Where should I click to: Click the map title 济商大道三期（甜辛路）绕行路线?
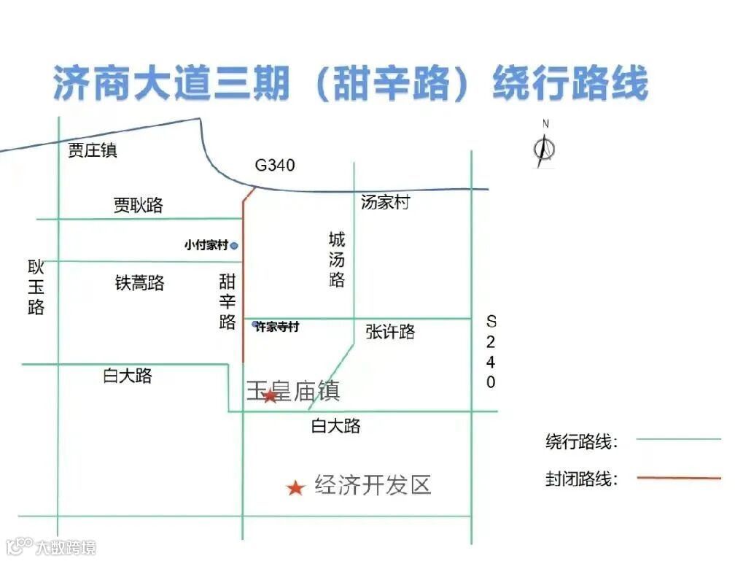350,83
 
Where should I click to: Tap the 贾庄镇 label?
93,151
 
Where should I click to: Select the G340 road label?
275,166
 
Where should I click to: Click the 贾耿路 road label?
139,206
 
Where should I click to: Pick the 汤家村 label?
385,203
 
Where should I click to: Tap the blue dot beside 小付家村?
234,246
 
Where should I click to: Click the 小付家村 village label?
206,246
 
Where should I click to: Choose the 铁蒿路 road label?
139,283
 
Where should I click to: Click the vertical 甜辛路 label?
227,301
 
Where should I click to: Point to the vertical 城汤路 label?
337,260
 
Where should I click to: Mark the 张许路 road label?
391,333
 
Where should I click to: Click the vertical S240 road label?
491,352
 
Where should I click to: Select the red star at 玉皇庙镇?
270,395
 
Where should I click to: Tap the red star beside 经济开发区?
295,487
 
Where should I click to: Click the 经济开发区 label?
373,485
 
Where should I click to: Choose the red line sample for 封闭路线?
678,478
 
